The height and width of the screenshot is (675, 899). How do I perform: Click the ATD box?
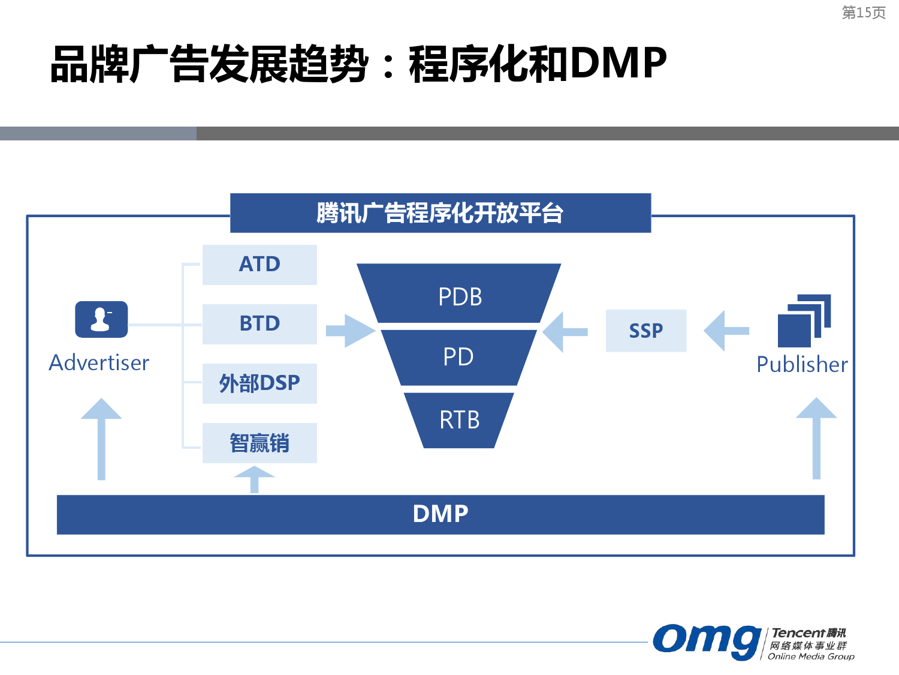point(260,265)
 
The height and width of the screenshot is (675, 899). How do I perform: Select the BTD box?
point(260,324)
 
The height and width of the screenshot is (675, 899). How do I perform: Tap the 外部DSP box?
point(260,383)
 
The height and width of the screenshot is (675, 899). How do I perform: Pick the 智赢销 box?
point(260,443)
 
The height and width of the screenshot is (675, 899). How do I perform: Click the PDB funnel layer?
point(459,295)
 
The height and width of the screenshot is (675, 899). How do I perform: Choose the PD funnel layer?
point(458,357)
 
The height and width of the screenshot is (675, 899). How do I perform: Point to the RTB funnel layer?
point(459,420)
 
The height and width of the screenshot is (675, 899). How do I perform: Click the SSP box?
point(645,331)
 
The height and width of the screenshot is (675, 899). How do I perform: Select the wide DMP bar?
point(441,514)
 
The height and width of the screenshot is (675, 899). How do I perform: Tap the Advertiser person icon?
point(101,319)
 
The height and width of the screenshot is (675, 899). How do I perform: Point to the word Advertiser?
point(99,363)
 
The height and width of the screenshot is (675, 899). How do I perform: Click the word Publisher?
point(802,365)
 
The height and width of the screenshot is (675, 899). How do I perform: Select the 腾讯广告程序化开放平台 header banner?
point(441,213)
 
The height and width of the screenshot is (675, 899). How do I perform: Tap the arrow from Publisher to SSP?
point(726,331)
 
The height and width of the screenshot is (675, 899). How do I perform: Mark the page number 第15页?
point(864,13)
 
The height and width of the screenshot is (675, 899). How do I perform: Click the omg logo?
point(707,641)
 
